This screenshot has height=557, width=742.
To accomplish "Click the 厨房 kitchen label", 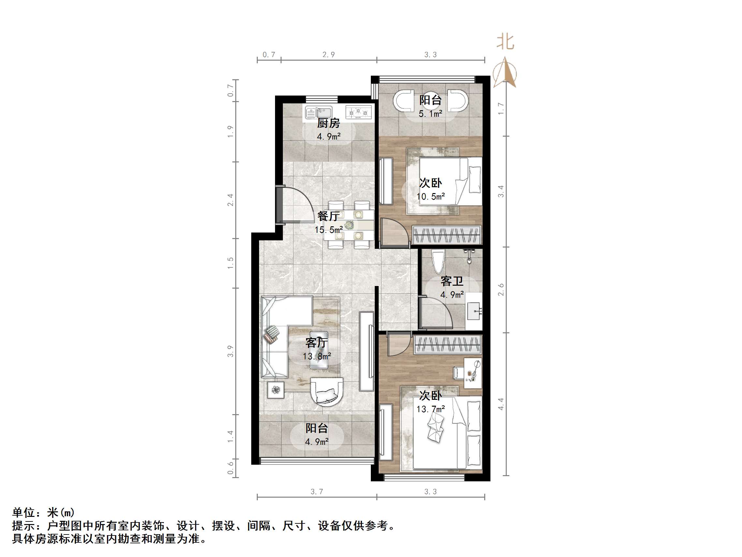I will (x=328, y=123).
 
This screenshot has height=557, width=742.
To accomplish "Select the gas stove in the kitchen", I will (x=358, y=112).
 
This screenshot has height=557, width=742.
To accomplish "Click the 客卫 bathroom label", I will (x=452, y=281).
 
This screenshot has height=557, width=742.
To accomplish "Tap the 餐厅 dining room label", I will (x=328, y=216).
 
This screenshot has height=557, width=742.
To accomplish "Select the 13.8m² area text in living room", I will (x=317, y=356).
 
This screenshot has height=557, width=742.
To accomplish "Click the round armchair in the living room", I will (x=327, y=392).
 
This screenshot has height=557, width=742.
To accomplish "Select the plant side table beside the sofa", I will (x=276, y=390).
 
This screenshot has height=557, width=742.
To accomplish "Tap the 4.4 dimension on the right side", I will (x=501, y=404).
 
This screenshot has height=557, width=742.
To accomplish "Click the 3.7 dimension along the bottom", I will (x=317, y=492).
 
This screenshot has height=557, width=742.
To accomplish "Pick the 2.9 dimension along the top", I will (x=328, y=55).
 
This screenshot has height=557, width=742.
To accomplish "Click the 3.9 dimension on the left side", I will (x=230, y=351).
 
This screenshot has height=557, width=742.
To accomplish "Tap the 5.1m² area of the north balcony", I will (x=430, y=114).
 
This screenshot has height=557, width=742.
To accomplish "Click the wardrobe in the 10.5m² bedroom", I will (x=446, y=235).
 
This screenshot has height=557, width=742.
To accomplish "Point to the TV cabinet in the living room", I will (x=367, y=352).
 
